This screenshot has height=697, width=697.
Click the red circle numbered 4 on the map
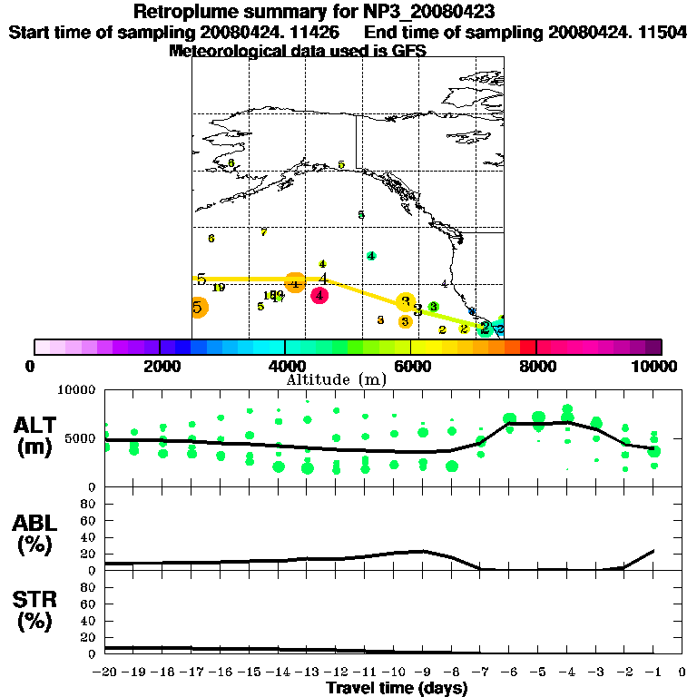[319, 295]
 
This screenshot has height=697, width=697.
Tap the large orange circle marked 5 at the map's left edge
[199, 308]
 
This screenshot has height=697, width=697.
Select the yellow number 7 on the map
[263, 232]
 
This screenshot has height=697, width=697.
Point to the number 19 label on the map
[219, 288]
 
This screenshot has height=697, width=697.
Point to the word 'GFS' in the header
[409, 52]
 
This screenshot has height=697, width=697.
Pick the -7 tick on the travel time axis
[480, 672]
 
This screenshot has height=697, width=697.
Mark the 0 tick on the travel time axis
[682, 672]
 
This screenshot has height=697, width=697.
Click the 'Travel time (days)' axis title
[397, 688]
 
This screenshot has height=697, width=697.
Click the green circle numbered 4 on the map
[370, 256]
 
